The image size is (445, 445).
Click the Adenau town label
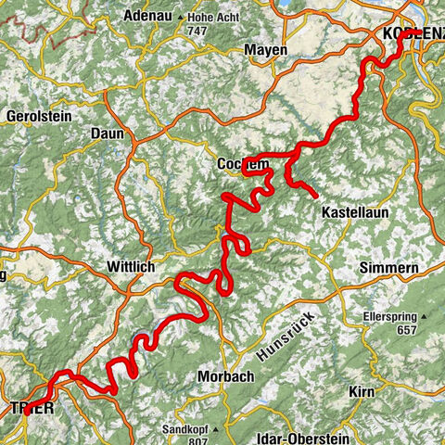point(150,16)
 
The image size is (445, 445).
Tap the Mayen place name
point(265,49)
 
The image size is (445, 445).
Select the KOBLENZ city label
point(413,33)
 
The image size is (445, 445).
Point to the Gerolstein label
point(37,118)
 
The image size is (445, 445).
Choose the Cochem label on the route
point(243,163)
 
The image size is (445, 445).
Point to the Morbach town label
point(226,376)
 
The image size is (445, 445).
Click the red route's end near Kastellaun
point(316,196)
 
